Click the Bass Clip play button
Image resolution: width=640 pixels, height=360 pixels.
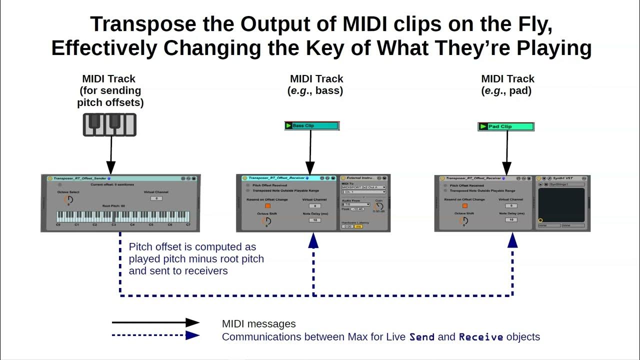click(x=288, y=126)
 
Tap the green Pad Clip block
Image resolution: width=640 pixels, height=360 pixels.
click(x=505, y=127)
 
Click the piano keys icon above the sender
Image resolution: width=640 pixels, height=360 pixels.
click(x=109, y=124)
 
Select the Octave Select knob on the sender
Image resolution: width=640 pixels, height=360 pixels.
click(x=68, y=199)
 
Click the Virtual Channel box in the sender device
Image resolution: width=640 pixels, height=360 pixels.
click(x=156, y=198)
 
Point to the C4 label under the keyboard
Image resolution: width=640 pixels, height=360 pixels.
click(x=132, y=225)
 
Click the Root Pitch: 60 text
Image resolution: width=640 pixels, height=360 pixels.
click(x=113, y=206)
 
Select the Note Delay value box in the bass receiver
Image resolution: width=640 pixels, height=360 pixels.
click(x=314, y=220)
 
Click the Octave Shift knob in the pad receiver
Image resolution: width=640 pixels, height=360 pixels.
click(x=463, y=220)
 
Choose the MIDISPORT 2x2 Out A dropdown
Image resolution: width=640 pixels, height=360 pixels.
click(x=363, y=187)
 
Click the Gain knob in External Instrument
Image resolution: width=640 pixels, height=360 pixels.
click(x=378, y=206)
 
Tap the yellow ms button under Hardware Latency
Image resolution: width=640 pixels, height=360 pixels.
click(x=358, y=226)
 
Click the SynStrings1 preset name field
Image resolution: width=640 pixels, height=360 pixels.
click(x=566, y=184)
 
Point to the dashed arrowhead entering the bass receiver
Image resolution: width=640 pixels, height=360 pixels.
click(x=313, y=240)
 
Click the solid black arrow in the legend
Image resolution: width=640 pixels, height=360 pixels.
click(x=155, y=323)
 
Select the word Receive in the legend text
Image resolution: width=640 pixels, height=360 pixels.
click(x=480, y=337)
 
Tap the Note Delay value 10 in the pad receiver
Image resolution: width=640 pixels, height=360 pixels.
click(x=511, y=219)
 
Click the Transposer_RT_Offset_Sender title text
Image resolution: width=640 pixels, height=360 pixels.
click(x=80, y=178)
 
